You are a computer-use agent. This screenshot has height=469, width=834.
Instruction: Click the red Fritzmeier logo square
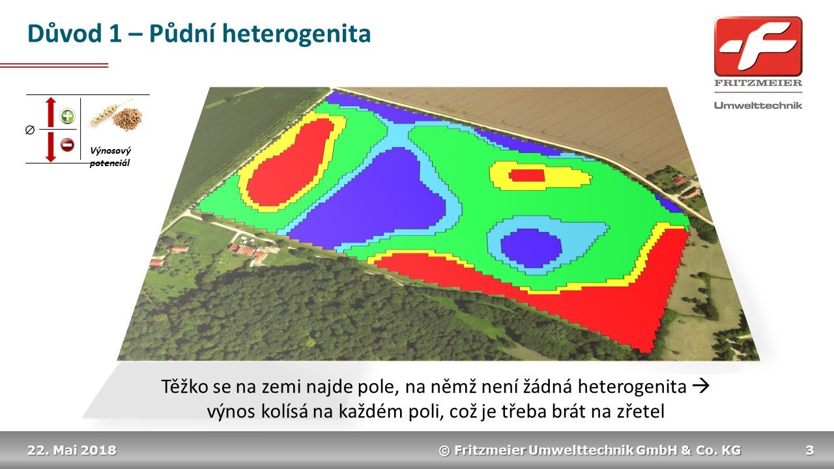(758, 46)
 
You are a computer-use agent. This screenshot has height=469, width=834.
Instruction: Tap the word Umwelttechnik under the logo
(758, 106)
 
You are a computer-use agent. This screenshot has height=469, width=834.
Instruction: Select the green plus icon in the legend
(67, 116)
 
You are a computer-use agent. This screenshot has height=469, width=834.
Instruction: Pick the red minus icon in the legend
(67, 145)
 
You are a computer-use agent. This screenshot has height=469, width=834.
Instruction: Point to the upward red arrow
(51, 112)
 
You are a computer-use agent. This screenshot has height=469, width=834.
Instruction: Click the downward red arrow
(51, 147)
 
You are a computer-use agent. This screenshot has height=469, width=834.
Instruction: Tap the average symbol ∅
(30, 130)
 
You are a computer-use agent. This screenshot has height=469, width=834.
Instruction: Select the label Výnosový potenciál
(110, 157)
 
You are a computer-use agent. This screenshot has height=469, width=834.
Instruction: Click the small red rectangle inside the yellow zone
(527, 175)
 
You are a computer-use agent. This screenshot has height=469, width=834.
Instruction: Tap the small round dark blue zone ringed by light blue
(530, 248)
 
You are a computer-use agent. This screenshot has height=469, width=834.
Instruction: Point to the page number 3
(809, 450)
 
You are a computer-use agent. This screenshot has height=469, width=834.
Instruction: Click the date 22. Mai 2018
(72, 450)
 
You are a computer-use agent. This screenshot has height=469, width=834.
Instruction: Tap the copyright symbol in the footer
(444, 451)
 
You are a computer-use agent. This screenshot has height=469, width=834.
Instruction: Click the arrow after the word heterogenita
(700, 386)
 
